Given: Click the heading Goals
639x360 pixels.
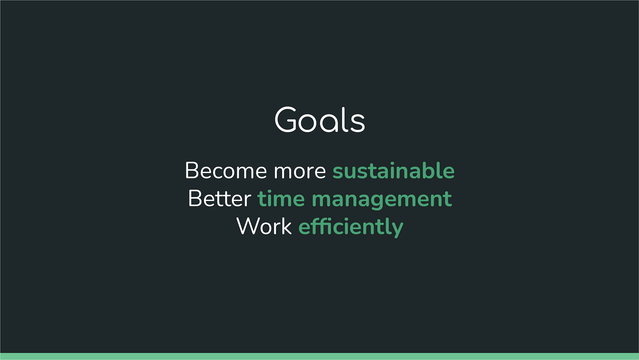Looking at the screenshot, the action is click(320, 120).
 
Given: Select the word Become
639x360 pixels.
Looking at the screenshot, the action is click(226, 171).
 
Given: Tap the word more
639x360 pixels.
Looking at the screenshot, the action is click(300, 172).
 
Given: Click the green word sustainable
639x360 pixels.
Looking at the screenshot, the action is click(393, 171).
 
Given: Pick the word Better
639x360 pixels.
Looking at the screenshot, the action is click(220, 198).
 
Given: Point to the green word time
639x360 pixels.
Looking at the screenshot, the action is click(281, 199).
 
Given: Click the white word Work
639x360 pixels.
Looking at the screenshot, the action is click(264, 226).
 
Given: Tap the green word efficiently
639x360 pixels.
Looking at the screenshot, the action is click(351, 227).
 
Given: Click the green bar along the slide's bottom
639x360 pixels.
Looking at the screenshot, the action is click(319, 356).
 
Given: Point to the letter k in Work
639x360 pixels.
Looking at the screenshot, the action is click(287, 226).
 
